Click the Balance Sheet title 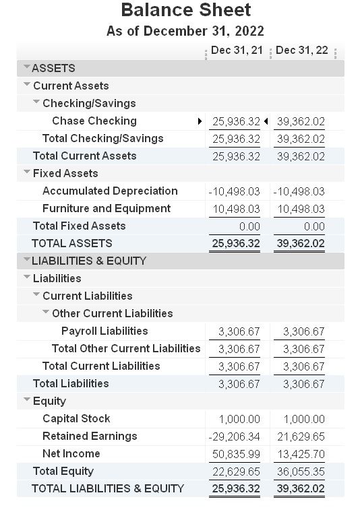click(x=185, y=11)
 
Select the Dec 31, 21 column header click(x=237, y=51)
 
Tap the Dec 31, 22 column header click(x=302, y=51)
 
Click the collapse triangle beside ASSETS click(x=26, y=67)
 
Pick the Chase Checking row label click(x=94, y=121)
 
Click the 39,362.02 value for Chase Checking click(x=301, y=121)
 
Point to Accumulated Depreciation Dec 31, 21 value click(x=235, y=191)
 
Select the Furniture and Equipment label click(x=106, y=209)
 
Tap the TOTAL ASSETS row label click(x=71, y=244)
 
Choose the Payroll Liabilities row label click(x=104, y=331)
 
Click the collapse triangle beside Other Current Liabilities click(x=46, y=313)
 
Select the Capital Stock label click(x=76, y=419)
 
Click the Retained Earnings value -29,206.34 click(x=235, y=436)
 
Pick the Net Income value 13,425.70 click(x=301, y=454)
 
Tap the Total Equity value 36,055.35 click(x=301, y=472)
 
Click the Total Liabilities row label click(x=70, y=384)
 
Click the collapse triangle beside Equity click(x=27, y=401)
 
